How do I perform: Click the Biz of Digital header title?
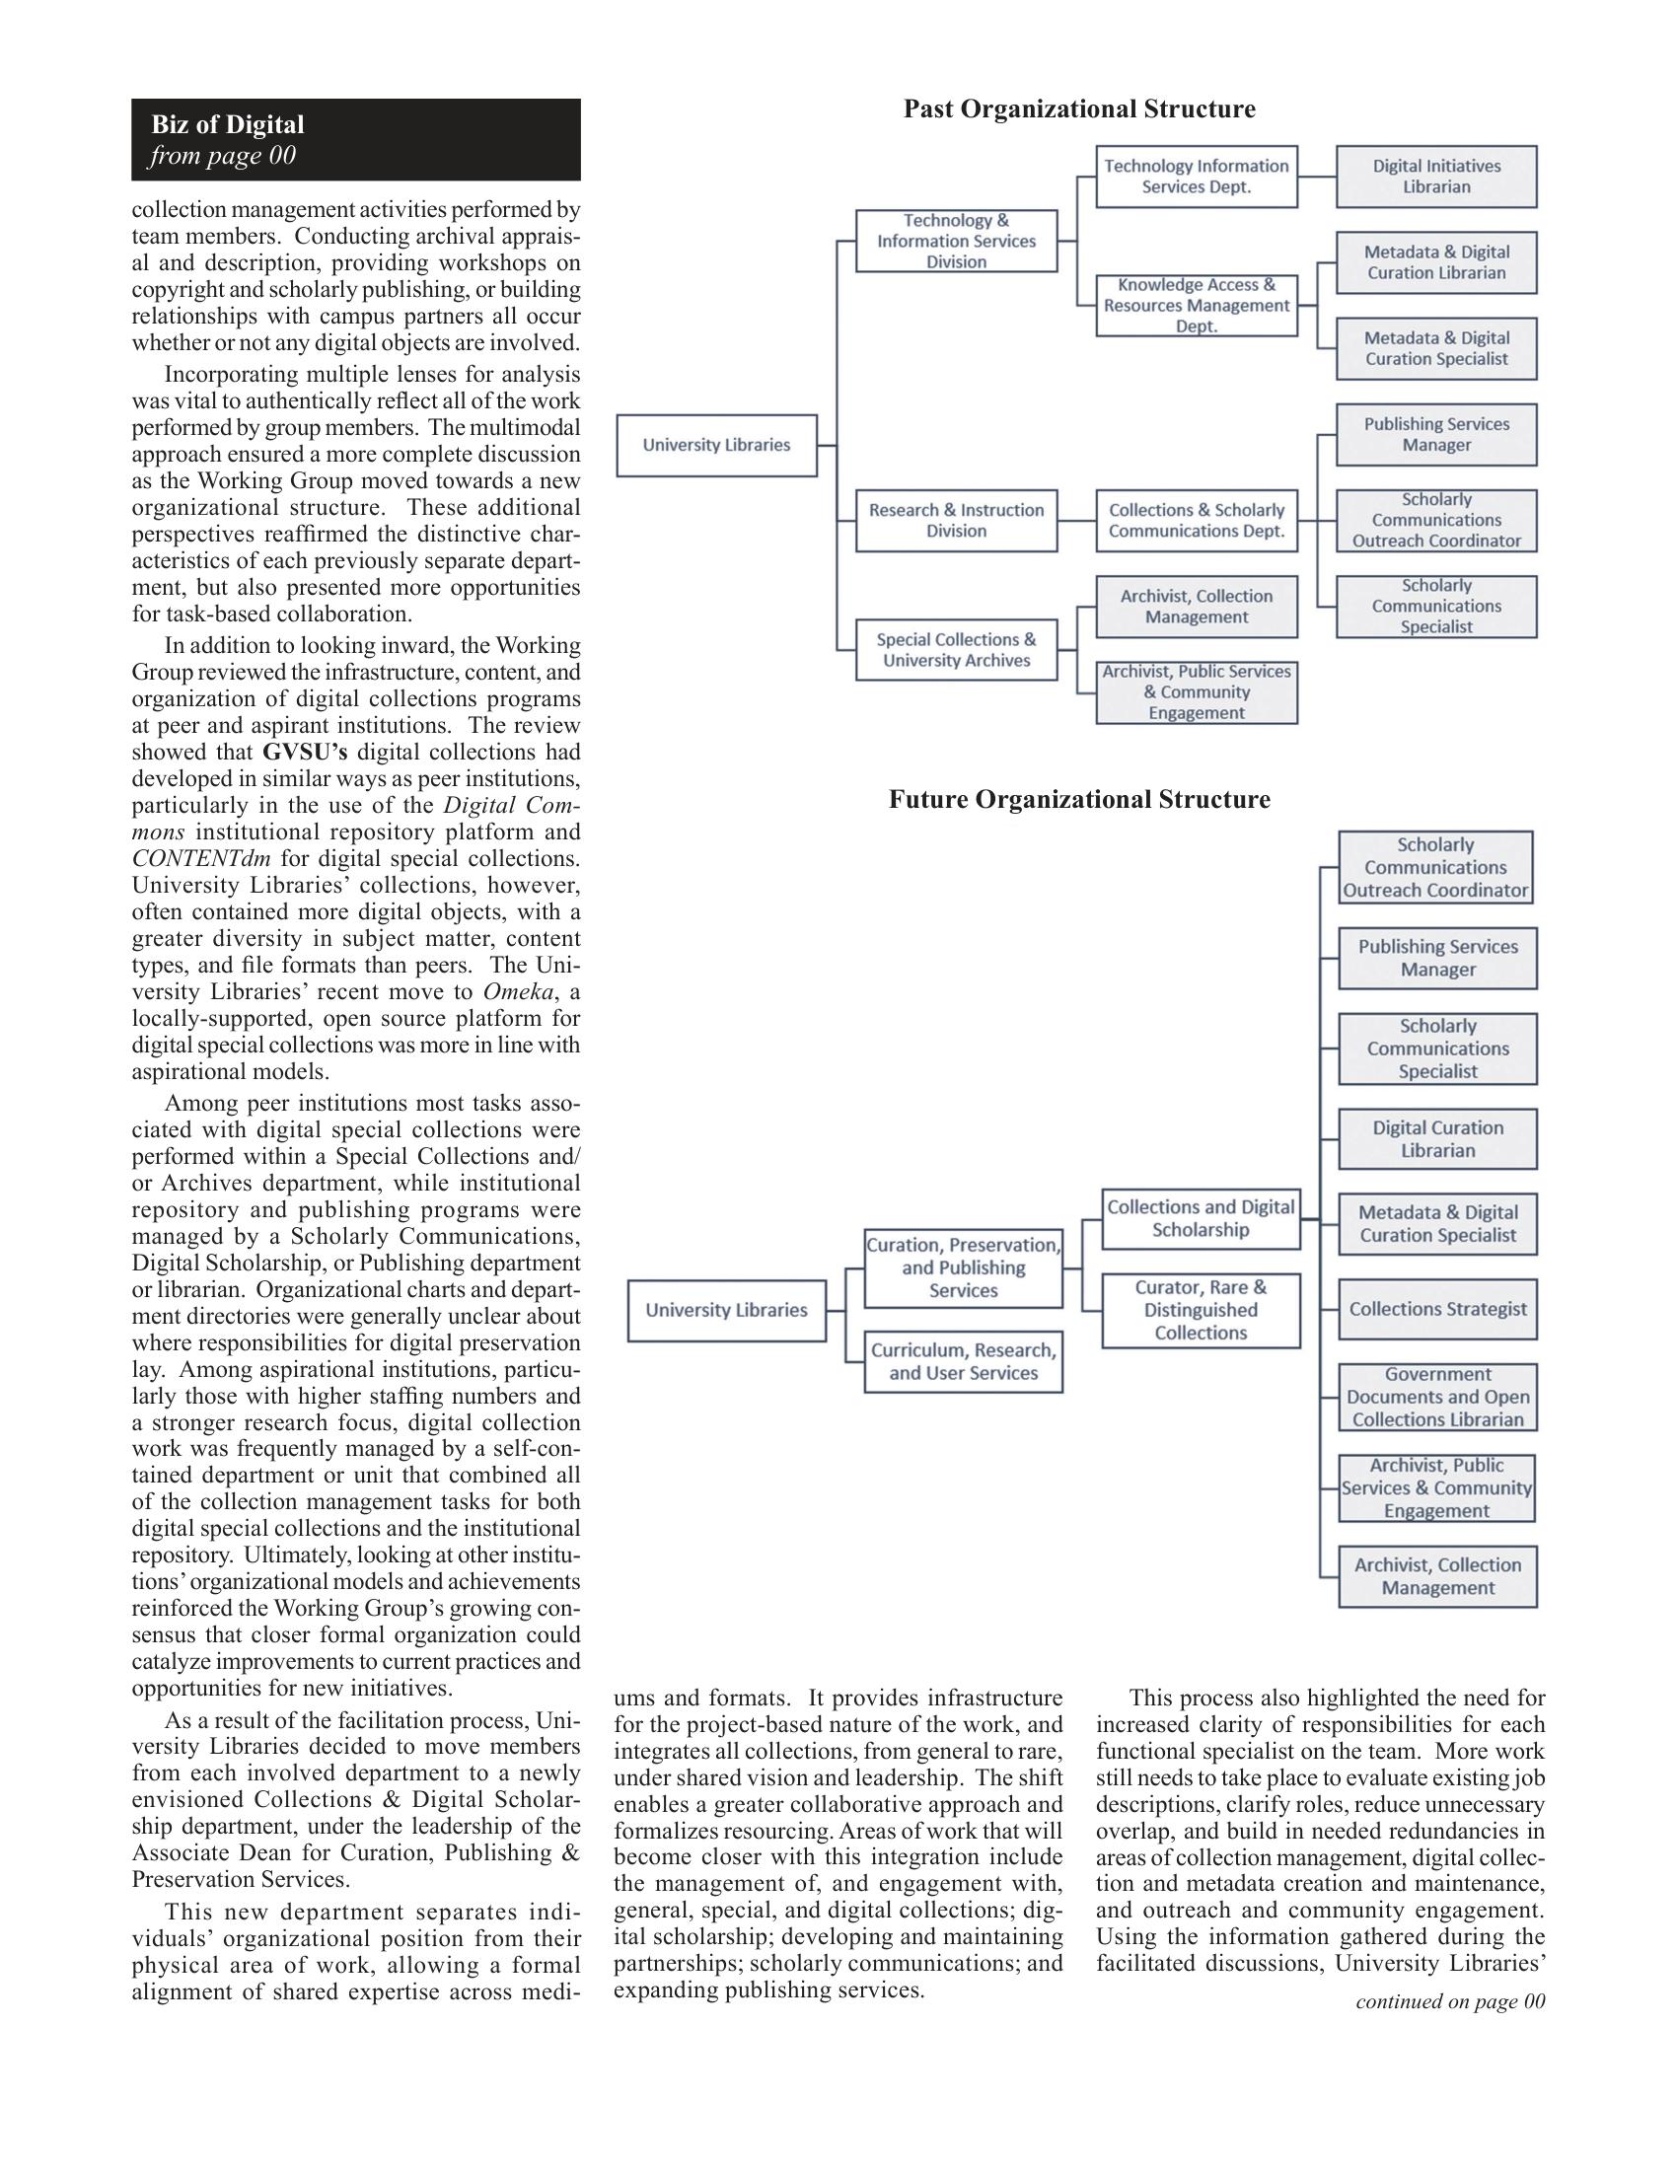pyautogui.click(x=228, y=125)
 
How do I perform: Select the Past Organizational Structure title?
pyautogui.click(x=1079, y=109)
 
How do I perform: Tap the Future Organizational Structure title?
pyautogui.click(x=1079, y=800)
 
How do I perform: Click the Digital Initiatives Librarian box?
pyautogui.click(x=1435, y=177)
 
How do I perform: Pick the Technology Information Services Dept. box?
pyautogui.click(x=1197, y=177)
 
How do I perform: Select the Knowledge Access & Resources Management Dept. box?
pyautogui.click(x=1197, y=306)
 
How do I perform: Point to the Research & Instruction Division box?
pyautogui.click(x=956, y=521)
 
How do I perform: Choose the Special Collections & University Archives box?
pyautogui.click(x=956, y=650)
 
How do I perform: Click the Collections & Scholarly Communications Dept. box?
pyautogui.click(x=1197, y=521)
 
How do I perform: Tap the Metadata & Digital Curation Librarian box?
pyautogui.click(x=1435, y=263)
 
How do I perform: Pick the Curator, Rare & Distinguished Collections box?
pyautogui.click(x=1201, y=1311)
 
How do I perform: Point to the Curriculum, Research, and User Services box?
pyautogui.click(x=963, y=1362)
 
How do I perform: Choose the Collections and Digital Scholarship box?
pyautogui.click(x=1201, y=1219)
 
